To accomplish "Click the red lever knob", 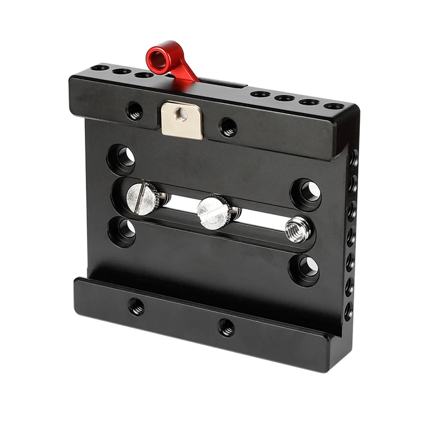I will click(168, 61).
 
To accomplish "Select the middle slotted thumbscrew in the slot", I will click(214, 212).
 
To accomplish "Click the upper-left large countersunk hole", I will click(122, 158).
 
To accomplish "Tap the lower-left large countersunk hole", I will click(122, 231).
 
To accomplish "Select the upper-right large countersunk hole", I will click(306, 193).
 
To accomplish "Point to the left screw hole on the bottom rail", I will click(136, 306).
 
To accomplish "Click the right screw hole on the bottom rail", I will click(226, 327).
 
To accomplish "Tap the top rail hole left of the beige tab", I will click(135, 111).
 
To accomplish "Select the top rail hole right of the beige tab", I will click(228, 127).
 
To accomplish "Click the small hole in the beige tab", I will click(181, 114).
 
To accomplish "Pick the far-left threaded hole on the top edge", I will click(100, 68).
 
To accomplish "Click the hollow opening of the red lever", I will click(159, 56).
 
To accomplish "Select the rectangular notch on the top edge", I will click(224, 84).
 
